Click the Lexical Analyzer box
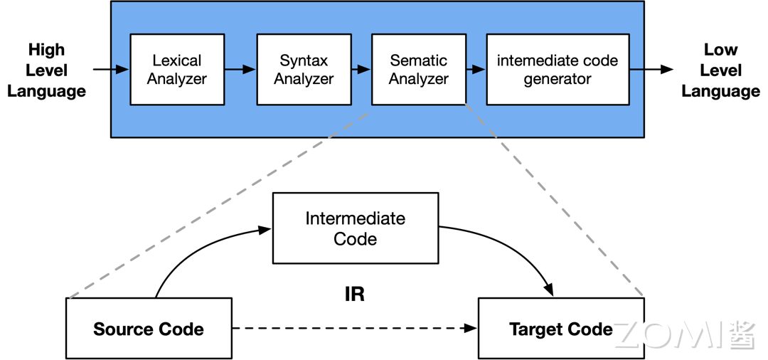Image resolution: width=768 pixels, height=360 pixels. (x=177, y=70)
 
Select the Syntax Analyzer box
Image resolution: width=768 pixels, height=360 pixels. (x=304, y=70)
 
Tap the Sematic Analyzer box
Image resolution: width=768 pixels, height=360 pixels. (x=419, y=70)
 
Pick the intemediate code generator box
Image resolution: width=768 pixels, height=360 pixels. (x=558, y=70)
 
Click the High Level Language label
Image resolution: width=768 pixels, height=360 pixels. (x=46, y=70)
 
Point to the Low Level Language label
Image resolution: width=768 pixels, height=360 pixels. (x=720, y=70)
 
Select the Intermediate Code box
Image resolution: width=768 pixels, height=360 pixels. (x=356, y=228)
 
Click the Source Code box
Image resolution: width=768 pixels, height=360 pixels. (x=149, y=329)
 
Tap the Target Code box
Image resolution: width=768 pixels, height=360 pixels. (x=560, y=329)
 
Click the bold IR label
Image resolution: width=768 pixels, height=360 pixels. (x=354, y=294)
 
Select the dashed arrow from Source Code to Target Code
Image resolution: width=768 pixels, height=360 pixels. (x=354, y=329)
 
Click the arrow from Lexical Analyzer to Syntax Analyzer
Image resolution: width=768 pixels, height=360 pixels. (x=240, y=70)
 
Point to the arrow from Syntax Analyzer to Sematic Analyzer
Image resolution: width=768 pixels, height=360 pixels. (x=361, y=70)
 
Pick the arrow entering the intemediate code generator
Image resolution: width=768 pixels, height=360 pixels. (x=476, y=70)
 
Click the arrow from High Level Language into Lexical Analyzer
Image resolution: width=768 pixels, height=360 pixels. (x=111, y=70)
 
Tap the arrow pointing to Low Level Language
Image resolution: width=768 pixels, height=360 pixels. (x=651, y=70)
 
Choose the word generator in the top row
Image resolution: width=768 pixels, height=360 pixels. (x=558, y=80)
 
